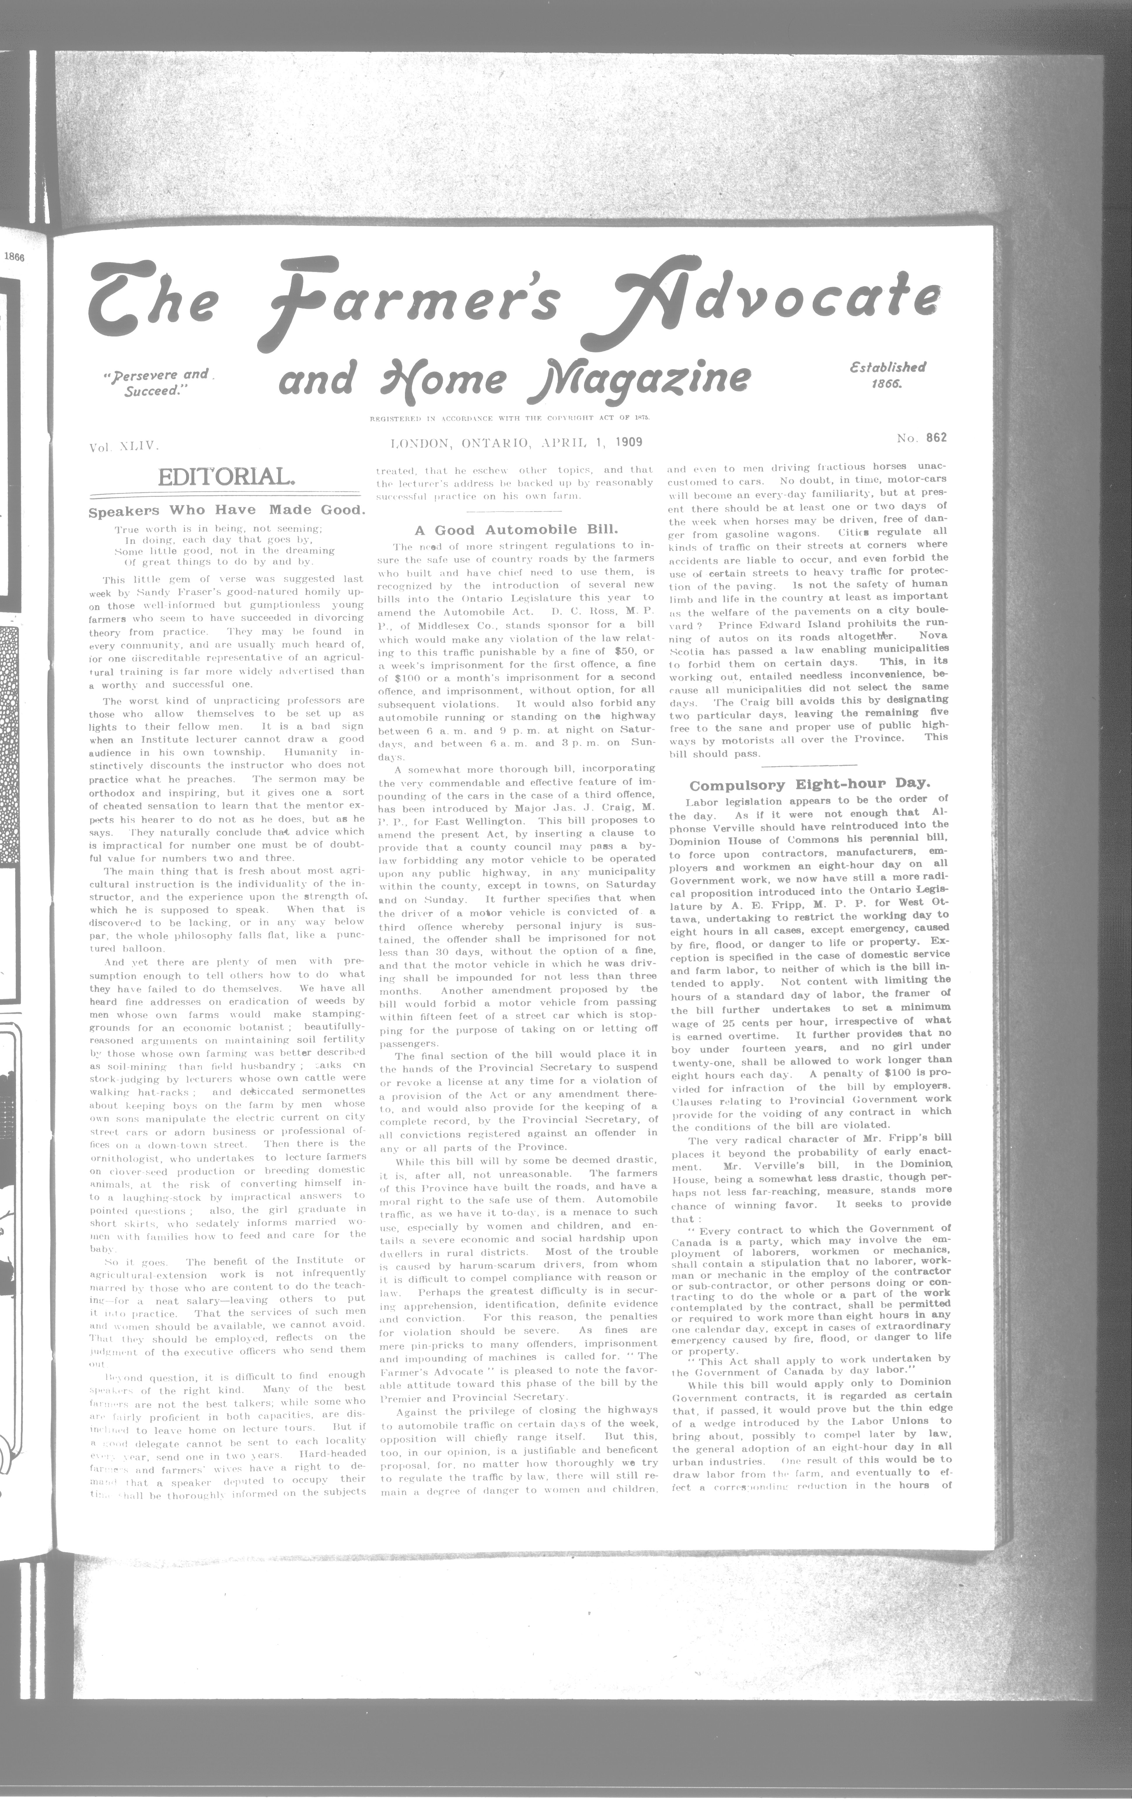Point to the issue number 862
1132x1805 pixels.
pyautogui.click(x=936, y=438)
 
